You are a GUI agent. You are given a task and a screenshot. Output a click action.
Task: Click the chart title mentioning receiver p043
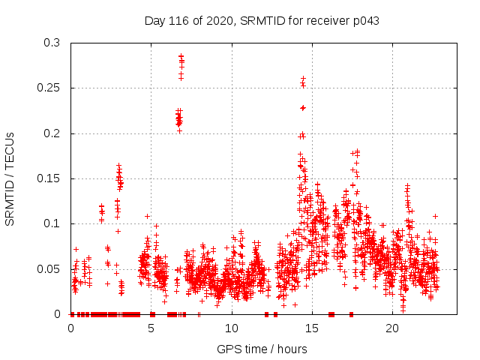(262, 21)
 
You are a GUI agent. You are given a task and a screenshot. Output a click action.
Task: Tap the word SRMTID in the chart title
(262, 21)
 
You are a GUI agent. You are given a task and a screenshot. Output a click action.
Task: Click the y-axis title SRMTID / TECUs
(10, 178)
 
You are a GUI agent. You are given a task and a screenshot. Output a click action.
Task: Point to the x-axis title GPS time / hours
(262, 349)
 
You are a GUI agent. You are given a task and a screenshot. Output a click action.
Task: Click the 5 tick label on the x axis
(151, 328)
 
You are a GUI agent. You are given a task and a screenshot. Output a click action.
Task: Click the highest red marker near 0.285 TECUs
(181, 55)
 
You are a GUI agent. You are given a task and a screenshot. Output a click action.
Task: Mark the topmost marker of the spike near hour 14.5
(303, 78)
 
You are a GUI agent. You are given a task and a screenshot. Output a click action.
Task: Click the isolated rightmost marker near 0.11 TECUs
(435, 216)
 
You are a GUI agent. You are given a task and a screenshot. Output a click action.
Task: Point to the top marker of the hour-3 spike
(118, 165)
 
